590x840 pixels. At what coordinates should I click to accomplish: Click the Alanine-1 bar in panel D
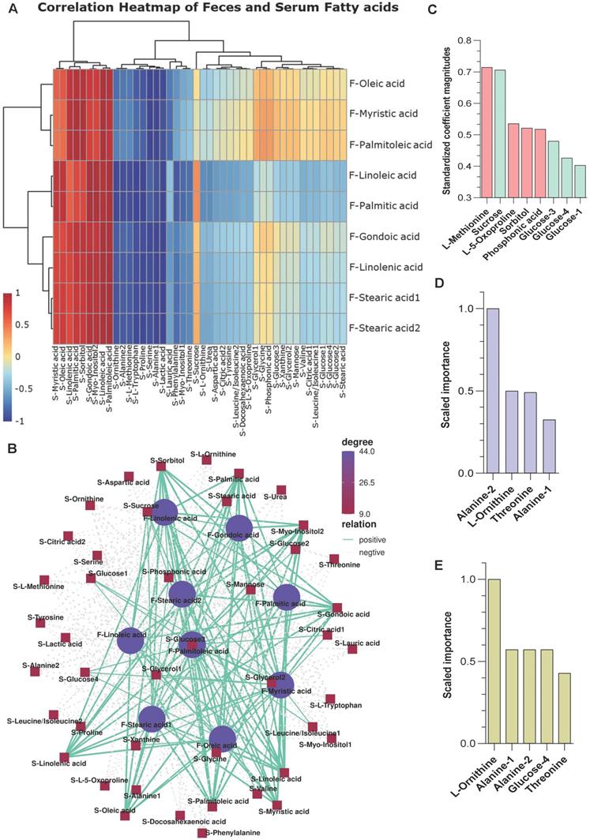[549, 446]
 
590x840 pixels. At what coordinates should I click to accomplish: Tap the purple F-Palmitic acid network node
[287, 598]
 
